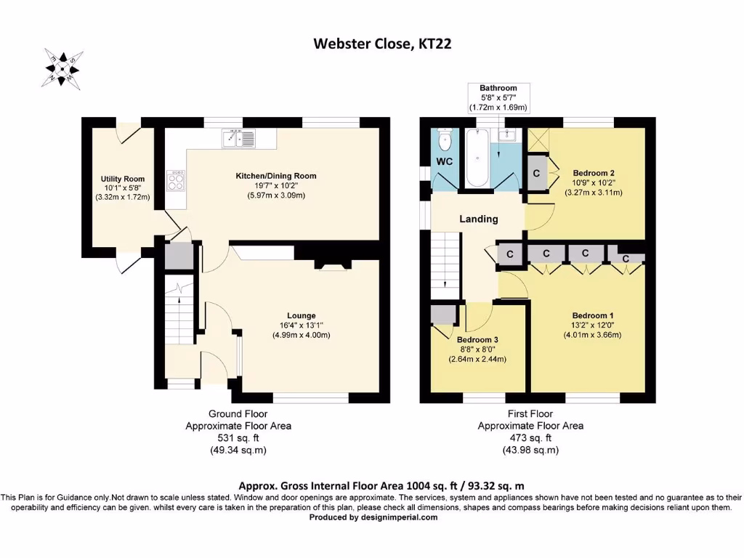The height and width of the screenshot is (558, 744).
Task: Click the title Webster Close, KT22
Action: point(372,44)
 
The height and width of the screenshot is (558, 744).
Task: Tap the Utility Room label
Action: point(123,179)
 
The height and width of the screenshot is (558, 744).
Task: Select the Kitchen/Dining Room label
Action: point(276,176)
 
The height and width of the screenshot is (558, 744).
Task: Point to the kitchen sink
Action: point(238,137)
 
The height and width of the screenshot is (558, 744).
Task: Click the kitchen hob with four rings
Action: point(175,179)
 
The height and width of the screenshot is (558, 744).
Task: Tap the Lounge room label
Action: point(302,315)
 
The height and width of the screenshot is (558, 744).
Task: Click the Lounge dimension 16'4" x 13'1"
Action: point(302,325)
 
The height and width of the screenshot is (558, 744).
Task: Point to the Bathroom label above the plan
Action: point(498,88)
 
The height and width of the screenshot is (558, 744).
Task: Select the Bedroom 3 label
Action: point(477,339)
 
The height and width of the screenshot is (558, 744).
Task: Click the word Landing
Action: point(479,219)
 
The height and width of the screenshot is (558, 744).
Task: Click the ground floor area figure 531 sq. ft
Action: point(239,438)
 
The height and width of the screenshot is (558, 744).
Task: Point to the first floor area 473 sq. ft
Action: point(530,438)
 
